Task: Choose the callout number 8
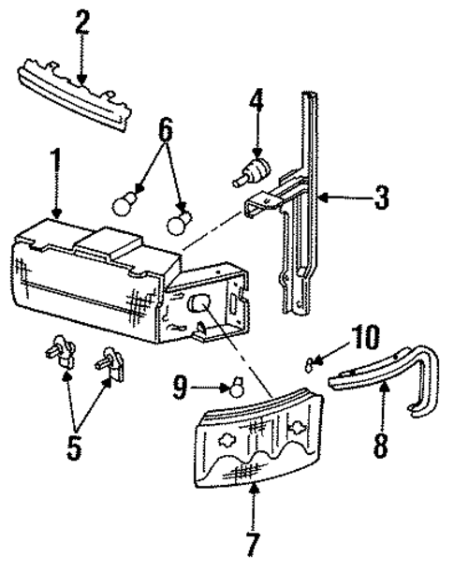[379, 444]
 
